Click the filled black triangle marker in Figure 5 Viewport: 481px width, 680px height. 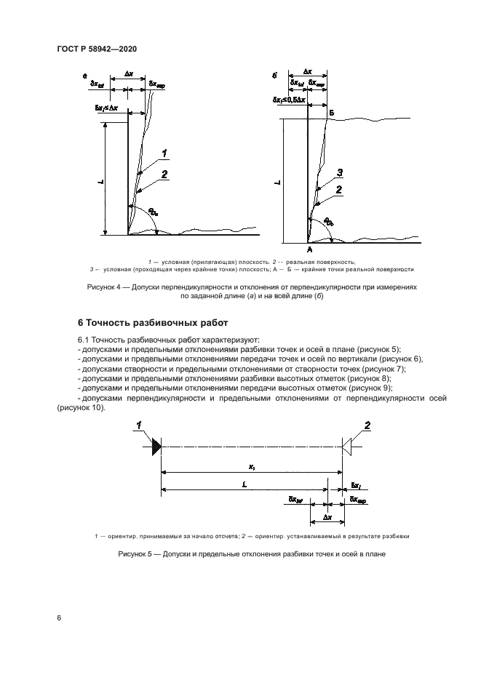(x=156, y=446)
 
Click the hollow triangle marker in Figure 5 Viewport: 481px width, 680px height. (x=349, y=446)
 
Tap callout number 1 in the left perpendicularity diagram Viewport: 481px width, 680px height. (x=165, y=153)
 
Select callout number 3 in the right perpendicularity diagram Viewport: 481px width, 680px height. (x=340, y=172)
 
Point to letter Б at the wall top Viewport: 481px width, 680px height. (x=331, y=114)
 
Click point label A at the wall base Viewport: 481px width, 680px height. (x=309, y=249)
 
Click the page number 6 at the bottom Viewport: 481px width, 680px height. (x=59, y=618)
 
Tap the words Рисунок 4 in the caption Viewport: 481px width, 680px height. (x=107, y=287)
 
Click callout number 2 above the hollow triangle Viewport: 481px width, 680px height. (x=367, y=425)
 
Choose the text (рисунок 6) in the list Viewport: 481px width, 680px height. (x=397, y=359)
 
